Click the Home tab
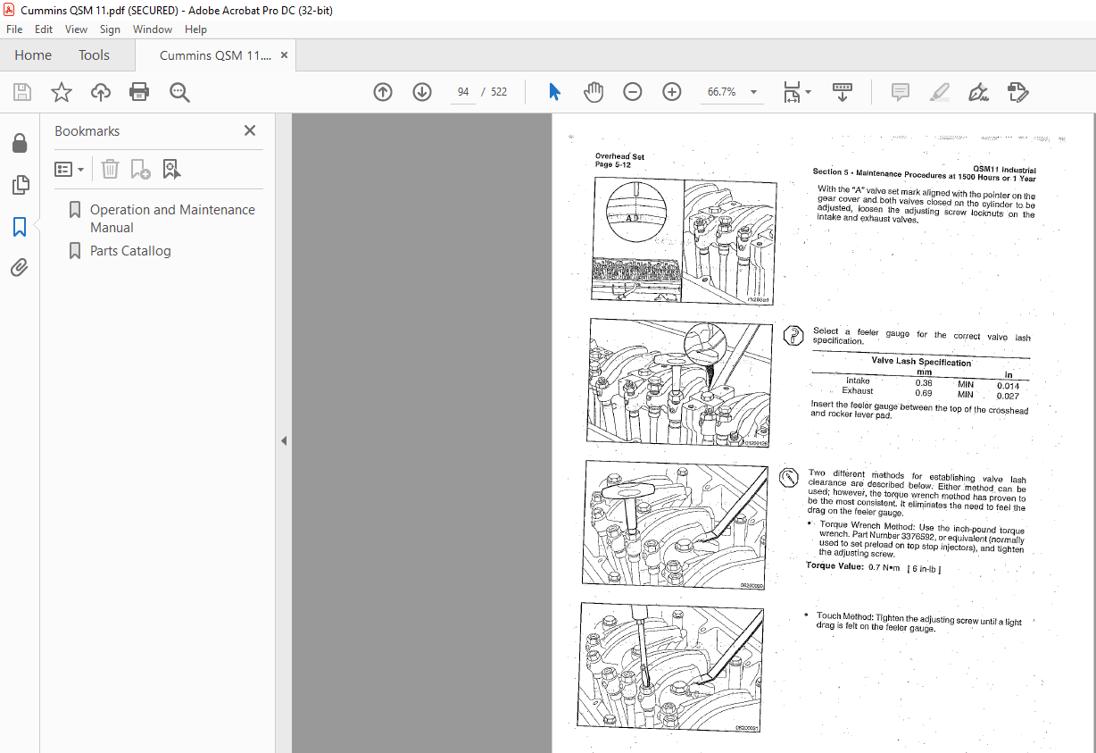(33, 55)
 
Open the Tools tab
(94, 55)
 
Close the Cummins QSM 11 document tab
(284, 55)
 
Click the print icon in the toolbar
(139, 92)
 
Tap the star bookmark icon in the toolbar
(62, 92)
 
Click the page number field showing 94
(463, 92)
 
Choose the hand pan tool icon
(594, 92)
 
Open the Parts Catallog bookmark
(130, 251)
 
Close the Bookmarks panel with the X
(250, 130)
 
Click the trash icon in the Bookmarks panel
(109, 169)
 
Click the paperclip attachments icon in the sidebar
(20, 267)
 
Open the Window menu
(153, 29)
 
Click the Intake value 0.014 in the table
(1008, 386)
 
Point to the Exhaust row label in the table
(858, 390)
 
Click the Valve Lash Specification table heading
(921, 362)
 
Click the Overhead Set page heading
(619, 156)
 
